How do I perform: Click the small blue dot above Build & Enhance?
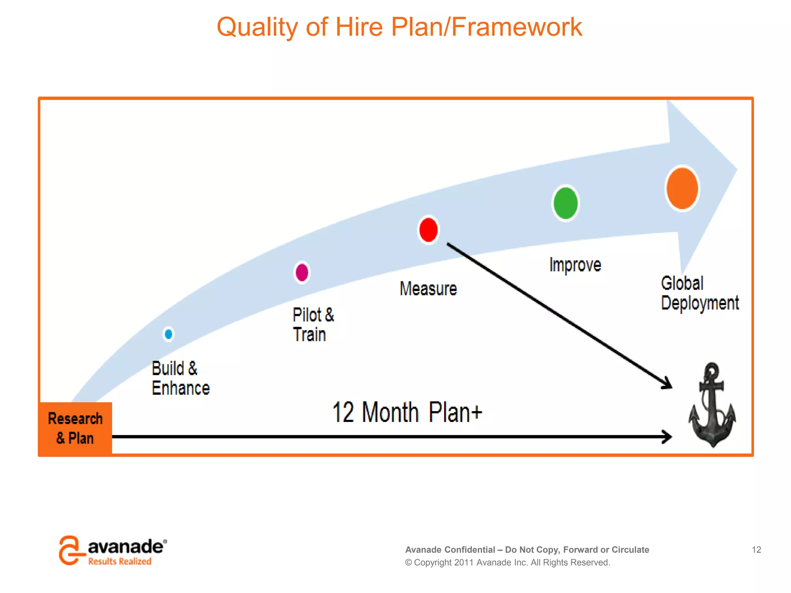pyautogui.click(x=168, y=334)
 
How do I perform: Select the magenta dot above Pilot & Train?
pyautogui.click(x=302, y=273)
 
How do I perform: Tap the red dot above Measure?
pyautogui.click(x=428, y=230)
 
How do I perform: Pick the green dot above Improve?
pyautogui.click(x=565, y=203)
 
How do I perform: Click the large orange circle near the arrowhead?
pyautogui.click(x=682, y=188)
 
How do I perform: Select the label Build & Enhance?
pyautogui.click(x=180, y=378)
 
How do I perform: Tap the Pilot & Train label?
pyautogui.click(x=313, y=325)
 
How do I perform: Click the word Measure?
pyautogui.click(x=428, y=289)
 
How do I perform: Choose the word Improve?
pyautogui.click(x=575, y=265)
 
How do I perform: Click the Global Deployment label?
pyautogui.click(x=699, y=293)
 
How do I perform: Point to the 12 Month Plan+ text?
pyautogui.click(x=407, y=412)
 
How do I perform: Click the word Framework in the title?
pyautogui.click(x=516, y=27)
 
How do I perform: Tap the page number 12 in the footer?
pyautogui.click(x=756, y=549)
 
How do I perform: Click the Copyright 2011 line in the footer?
pyautogui.click(x=507, y=563)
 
